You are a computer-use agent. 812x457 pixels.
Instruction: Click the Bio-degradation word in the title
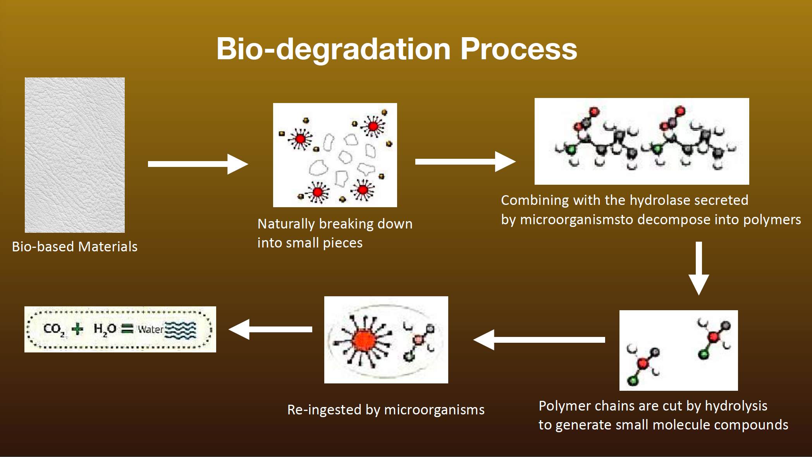(x=333, y=49)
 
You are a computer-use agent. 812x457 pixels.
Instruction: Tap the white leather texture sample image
(x=75, y=155)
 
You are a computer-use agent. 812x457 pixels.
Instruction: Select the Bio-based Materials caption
(x=75, y=247)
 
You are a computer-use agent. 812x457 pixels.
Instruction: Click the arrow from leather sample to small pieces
(x=198, y=164)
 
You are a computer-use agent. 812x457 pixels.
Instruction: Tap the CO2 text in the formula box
(x=53, y=329)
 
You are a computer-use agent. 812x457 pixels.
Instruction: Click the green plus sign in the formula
(x=78, y=329)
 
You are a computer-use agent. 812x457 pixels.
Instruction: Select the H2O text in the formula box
(x=105, y=329)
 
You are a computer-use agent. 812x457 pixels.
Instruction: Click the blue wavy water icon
(x=181, y=330)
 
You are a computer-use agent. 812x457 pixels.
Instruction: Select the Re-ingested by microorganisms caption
(x=386, y=410)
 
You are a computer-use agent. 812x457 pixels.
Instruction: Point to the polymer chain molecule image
(x=642, y=141)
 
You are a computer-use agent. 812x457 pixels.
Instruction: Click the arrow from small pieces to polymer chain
(x=465, y=161)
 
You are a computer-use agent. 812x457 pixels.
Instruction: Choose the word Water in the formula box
(x=151, y=330)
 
